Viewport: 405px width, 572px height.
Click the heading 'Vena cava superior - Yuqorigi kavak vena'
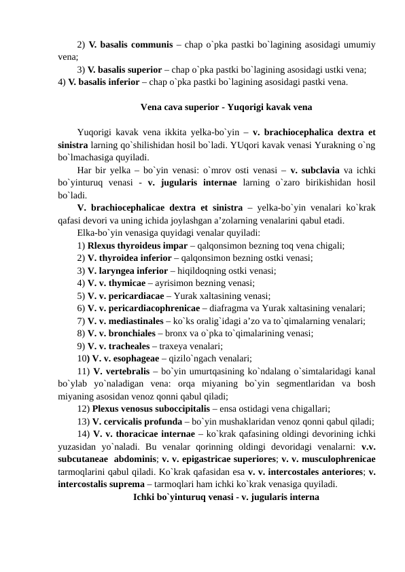tap(226, 107)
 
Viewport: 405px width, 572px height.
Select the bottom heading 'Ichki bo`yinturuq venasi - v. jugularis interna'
tap(226, 497)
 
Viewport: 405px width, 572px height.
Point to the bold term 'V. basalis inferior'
tap(109, 82)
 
